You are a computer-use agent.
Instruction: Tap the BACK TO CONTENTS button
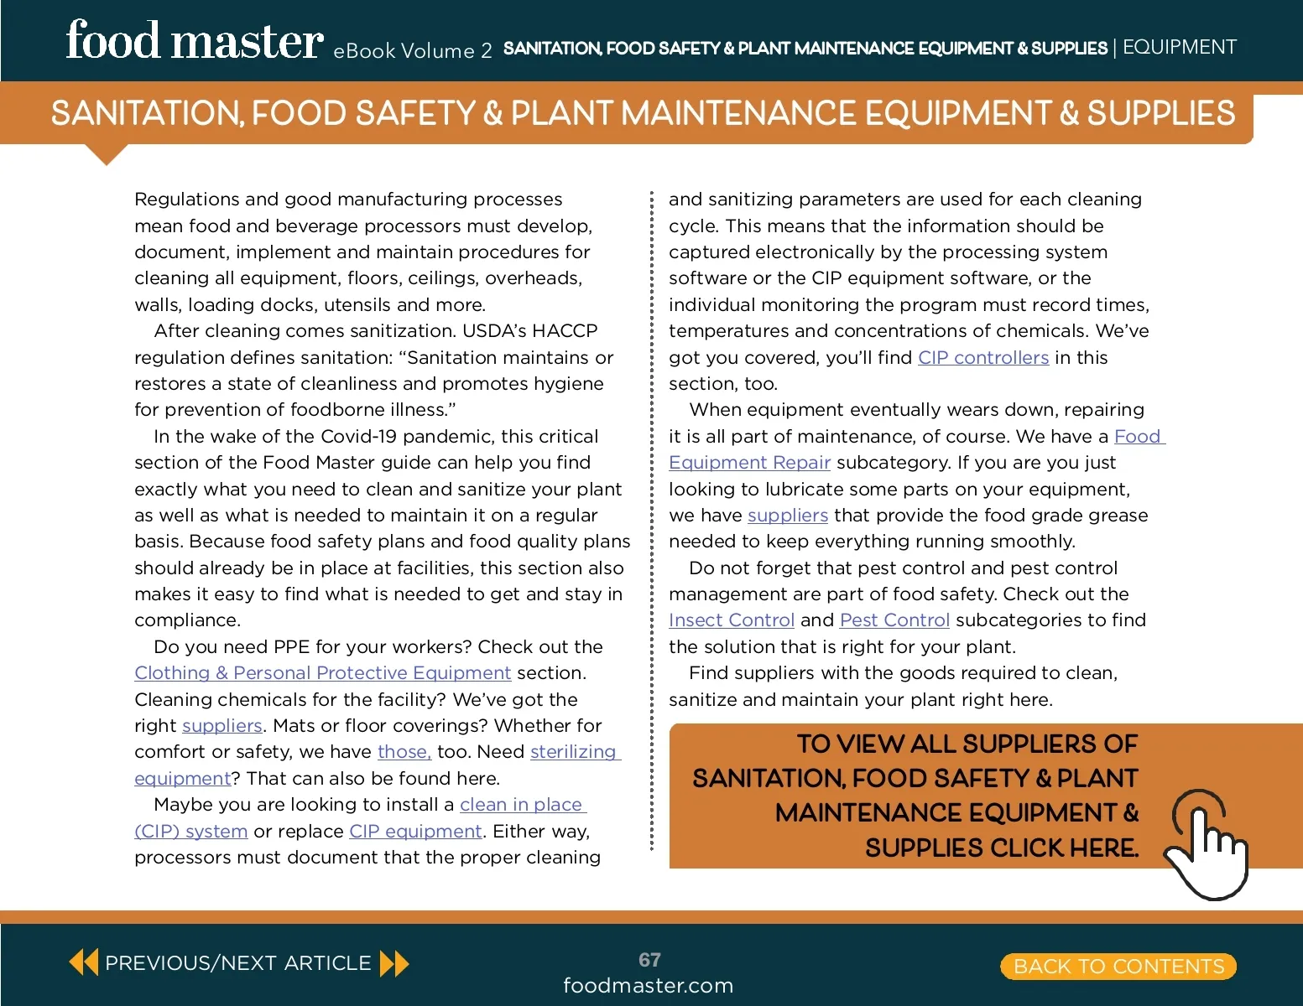coord(1118,967)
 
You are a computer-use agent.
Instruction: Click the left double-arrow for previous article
coord(83,962)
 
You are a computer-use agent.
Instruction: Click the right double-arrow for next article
coord(394,963)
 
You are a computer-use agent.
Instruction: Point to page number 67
coord(649,960)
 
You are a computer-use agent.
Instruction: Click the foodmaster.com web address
coord(648,986)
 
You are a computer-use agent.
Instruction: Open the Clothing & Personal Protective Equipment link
coord(322,673)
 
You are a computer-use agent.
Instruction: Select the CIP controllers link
coord(983,358)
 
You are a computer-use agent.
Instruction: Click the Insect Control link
coord(731,620)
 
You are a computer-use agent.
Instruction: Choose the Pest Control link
coord(894,620)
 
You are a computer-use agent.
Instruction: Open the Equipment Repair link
coord(749,463)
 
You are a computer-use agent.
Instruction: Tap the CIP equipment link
coord(415,832)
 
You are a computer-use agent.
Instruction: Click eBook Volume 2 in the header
coord(412,51)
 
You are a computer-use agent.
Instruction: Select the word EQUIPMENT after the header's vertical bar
coord(1179,47)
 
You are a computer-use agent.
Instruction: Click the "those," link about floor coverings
coord(404,752)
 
